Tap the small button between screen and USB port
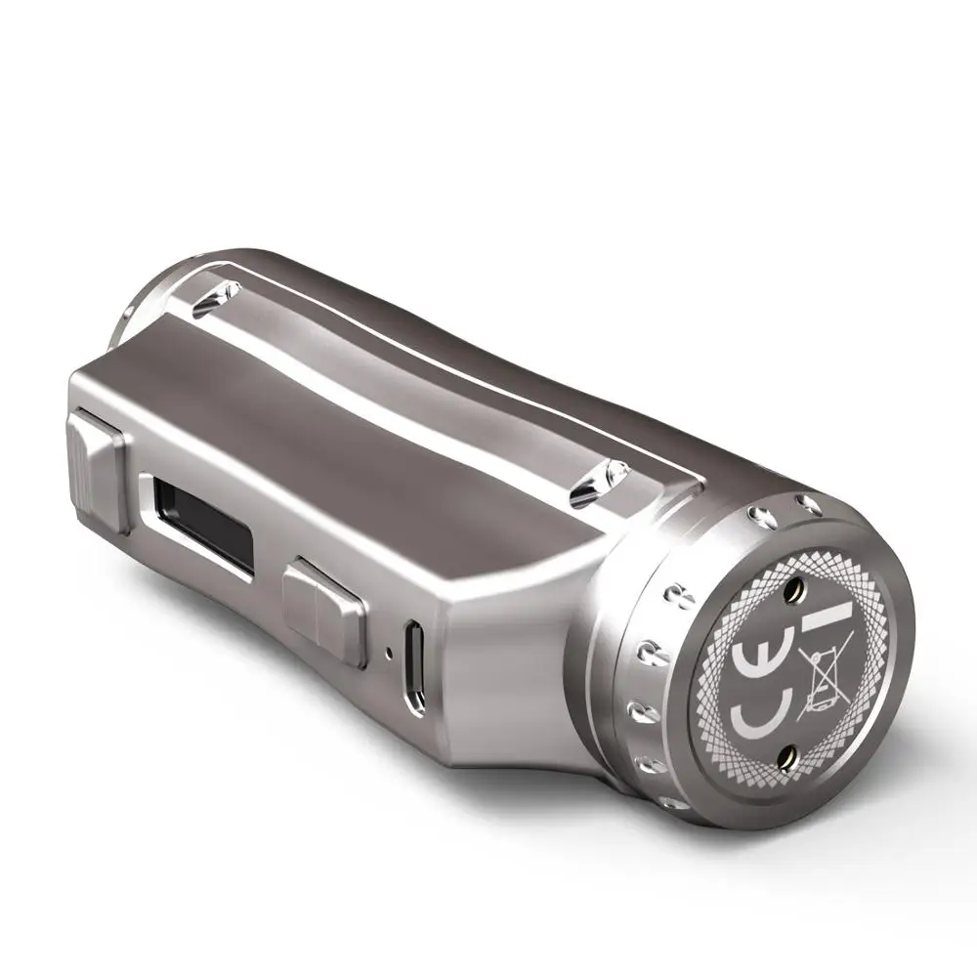click(x=323, y=612)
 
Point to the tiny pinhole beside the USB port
click(x=389, y=654)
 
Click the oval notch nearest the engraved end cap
click(x=593, y=482)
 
